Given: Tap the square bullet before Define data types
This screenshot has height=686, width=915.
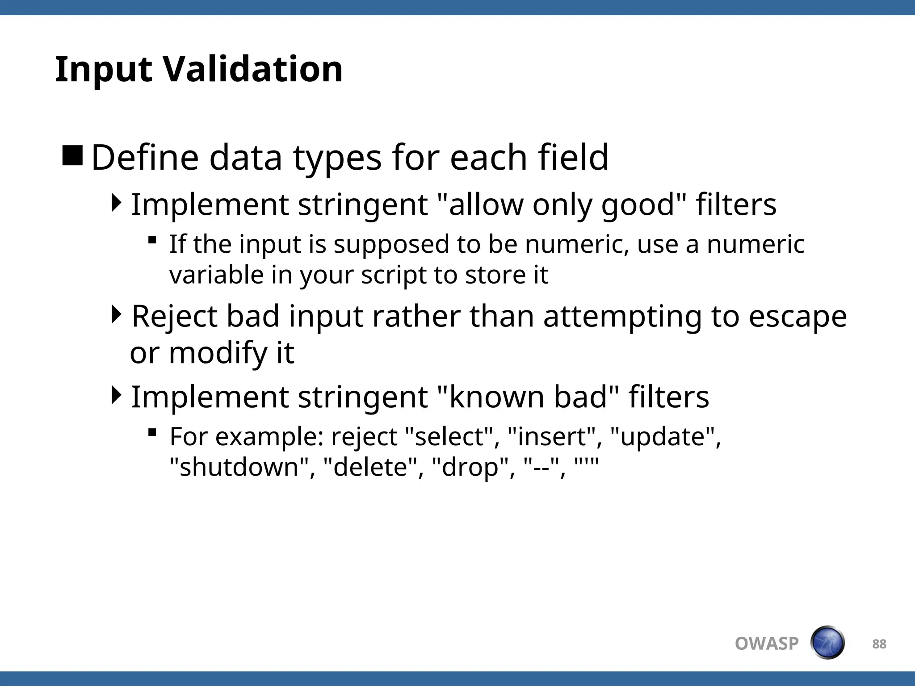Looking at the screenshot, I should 72,156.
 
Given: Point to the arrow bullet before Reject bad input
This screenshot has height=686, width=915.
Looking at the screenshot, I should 116,314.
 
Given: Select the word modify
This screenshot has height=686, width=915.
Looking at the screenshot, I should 218,353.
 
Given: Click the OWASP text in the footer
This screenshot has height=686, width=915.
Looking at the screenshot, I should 767,644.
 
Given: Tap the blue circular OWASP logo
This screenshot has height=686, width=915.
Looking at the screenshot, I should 827,643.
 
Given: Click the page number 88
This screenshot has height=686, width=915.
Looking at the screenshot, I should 879,644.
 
